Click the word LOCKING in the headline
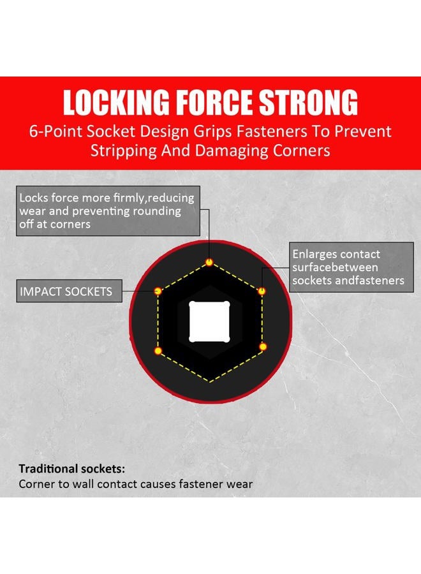[115, 102]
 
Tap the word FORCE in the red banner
[214, 102]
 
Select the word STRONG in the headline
[308, 102]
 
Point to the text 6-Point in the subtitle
[55, 131]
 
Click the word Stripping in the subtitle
[124, 151]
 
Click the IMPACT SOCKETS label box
[69, 291]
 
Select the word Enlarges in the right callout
[316, 254]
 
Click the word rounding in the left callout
[157, 211]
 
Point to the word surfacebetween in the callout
[335, 267]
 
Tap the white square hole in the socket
[209, 322]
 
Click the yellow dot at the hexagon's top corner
[209, 262]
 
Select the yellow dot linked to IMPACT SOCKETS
[158, 291]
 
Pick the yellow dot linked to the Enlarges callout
[262, 291]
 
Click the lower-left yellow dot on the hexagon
[158, 351]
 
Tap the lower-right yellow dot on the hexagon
[263, 347]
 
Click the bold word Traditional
[48, 469]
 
